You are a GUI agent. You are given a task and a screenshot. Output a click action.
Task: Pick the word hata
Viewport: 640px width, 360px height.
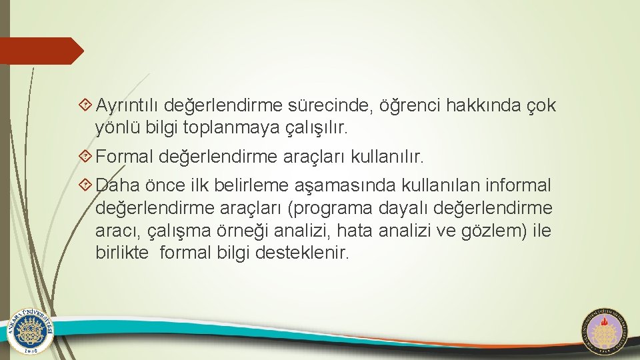(x=353, y=231)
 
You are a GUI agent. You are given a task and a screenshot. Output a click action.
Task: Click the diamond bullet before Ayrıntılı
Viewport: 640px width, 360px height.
(x=85, y=105)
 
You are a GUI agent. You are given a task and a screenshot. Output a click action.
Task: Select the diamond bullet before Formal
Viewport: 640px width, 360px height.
(x=85, y=157)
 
